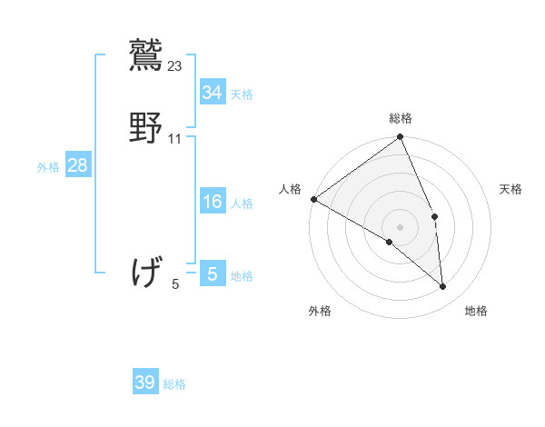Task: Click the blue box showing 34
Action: click(213, 92)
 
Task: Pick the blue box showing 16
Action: click(213, 202)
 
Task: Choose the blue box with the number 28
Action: click(77, 165)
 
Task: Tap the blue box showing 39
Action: click(145, 382)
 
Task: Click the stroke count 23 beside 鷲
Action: click(175, 65)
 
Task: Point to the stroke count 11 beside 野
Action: click(175, 139)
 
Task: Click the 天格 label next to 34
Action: click(242, 94)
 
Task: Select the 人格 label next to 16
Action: click(242, 204)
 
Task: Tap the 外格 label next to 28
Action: click(48, 167)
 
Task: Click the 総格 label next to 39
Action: click(174, 384)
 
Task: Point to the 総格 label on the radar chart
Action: click(401, 118)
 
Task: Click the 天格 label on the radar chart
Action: click(510, 189)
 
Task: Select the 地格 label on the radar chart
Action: click(476, 311)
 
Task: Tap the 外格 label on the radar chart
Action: click(320, 311)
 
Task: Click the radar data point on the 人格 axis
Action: click(313, 199)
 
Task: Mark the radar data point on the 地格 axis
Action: click(443, 287)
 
